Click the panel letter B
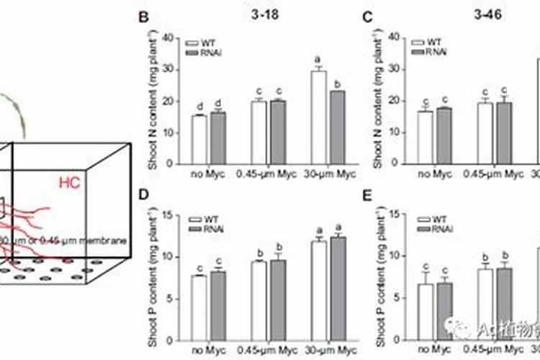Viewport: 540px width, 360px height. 144,16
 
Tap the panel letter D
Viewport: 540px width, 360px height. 144,194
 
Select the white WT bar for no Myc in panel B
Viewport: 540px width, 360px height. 199,139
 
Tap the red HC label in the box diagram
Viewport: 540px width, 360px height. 71,184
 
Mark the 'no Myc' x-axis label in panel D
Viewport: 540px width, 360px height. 205,351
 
